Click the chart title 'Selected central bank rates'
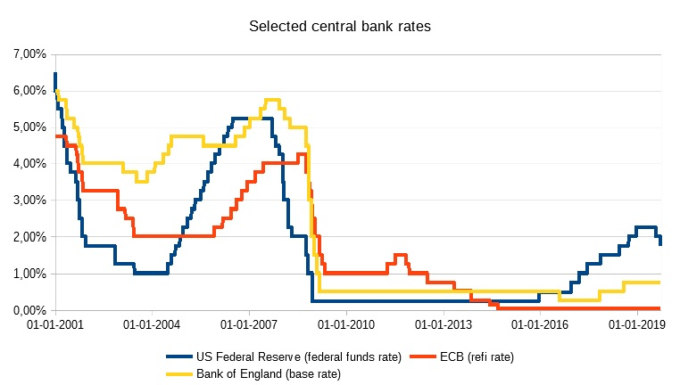pos(339,27)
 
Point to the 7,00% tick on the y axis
pos(29,54)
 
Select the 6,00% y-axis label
pos(29,91)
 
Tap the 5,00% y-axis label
pos(29,127)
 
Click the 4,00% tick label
pos(29,164)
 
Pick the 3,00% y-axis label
pos(29,201)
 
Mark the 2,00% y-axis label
pos(29,237)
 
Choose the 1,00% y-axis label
pos(29,274)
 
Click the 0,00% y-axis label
pos(29,310)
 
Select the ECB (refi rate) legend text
pos(476,356)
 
